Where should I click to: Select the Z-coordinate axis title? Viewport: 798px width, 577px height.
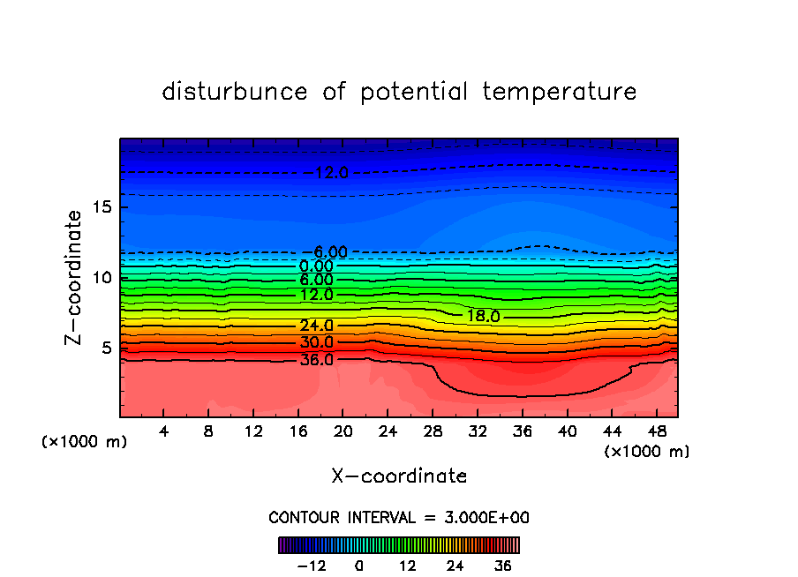(x=75, y=276)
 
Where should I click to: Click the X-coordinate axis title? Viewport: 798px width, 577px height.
(x=399, y=476)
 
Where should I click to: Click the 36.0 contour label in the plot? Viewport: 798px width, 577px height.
(x=316, y=360)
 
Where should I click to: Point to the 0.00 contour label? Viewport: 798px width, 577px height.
(x=316, y=266)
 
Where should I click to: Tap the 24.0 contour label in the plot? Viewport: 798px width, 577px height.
(x=316, y=326)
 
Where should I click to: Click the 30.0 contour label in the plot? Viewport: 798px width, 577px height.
(x=316, y=342)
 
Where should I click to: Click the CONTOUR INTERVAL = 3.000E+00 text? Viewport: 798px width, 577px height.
(x=399, y=517)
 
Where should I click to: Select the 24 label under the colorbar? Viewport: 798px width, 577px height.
(x=455, y=566)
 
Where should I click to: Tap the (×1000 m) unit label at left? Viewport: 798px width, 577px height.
(x=85, y=442)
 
